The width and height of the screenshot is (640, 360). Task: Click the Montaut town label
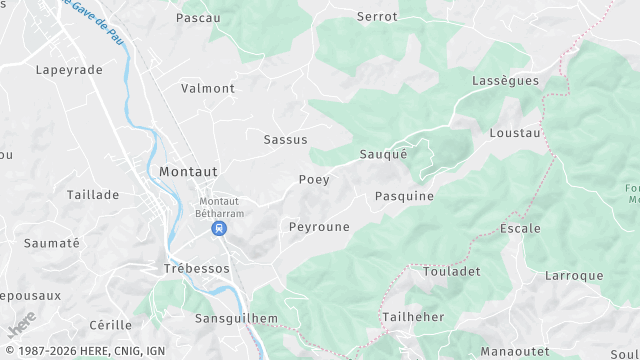[188, 172]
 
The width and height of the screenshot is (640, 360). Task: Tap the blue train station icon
[218, 229]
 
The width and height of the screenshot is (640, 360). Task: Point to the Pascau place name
[197, 18]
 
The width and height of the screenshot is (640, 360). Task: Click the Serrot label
[377, 17]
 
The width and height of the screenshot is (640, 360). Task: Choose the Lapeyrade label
[69, 70]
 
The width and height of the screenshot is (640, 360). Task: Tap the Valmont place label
[208, 88]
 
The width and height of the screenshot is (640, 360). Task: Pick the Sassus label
[285, 140]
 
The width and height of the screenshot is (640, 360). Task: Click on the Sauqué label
[384, 154]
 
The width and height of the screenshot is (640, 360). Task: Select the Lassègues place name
[504, 80]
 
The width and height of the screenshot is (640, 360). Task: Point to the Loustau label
[515, 133]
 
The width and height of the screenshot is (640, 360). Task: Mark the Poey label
[314, 180]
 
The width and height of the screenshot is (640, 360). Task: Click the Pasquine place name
[404, 196]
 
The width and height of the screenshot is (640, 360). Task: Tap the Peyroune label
[319, 227]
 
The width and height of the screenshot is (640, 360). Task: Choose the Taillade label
[93, 195]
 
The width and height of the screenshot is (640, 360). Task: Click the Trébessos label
[196, 269]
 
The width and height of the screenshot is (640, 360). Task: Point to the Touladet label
[452, 271]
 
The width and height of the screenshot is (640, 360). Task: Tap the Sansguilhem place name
[235, 318]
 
